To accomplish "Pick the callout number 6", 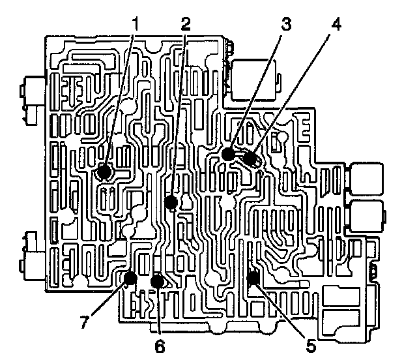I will [160, 344].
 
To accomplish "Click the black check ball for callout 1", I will [102, 173].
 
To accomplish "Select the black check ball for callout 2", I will [171, 202].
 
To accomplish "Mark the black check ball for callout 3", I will [227, 155].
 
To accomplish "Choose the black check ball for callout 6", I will [157, 281].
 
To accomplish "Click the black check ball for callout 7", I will [130, 279].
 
